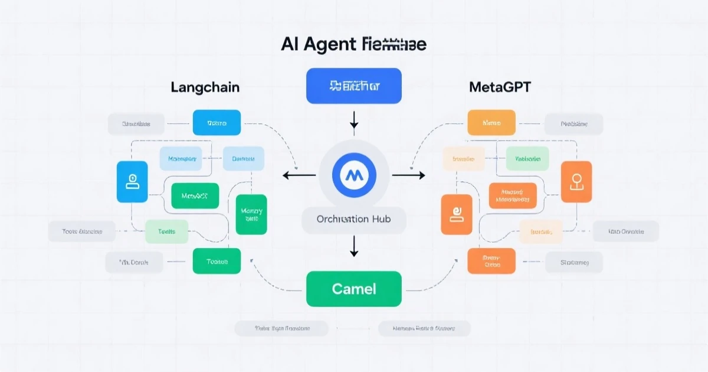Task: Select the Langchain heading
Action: pos(205,87)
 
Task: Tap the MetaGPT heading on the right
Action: pos(500,87)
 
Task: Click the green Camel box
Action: pos(354,289)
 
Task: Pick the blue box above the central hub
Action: pos(354,86)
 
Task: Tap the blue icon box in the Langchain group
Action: pos(133,182)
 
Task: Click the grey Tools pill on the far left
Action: pos(82,231)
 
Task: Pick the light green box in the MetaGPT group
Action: pos(527,159)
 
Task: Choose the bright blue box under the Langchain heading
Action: pos(217,123)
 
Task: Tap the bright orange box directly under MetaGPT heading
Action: pos(491,123)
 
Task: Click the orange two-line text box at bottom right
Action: pos(491,261)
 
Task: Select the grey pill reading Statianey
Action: pos(573,262)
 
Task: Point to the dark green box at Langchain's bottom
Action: pos(217,261)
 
